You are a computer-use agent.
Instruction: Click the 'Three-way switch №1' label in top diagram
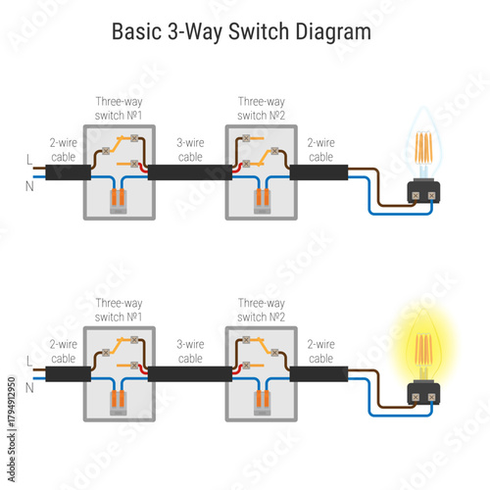click(119, 108)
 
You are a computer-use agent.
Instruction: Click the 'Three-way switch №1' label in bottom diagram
click(119, 311)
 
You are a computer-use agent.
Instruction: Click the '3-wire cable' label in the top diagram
click(190, 149)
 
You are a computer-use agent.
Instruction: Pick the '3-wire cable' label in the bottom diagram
click(190, 351)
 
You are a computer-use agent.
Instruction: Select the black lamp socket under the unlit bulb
click(424, 195)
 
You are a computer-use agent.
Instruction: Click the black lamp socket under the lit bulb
click(424, 397)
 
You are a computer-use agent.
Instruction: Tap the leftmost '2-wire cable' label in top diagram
click(64, 149)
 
